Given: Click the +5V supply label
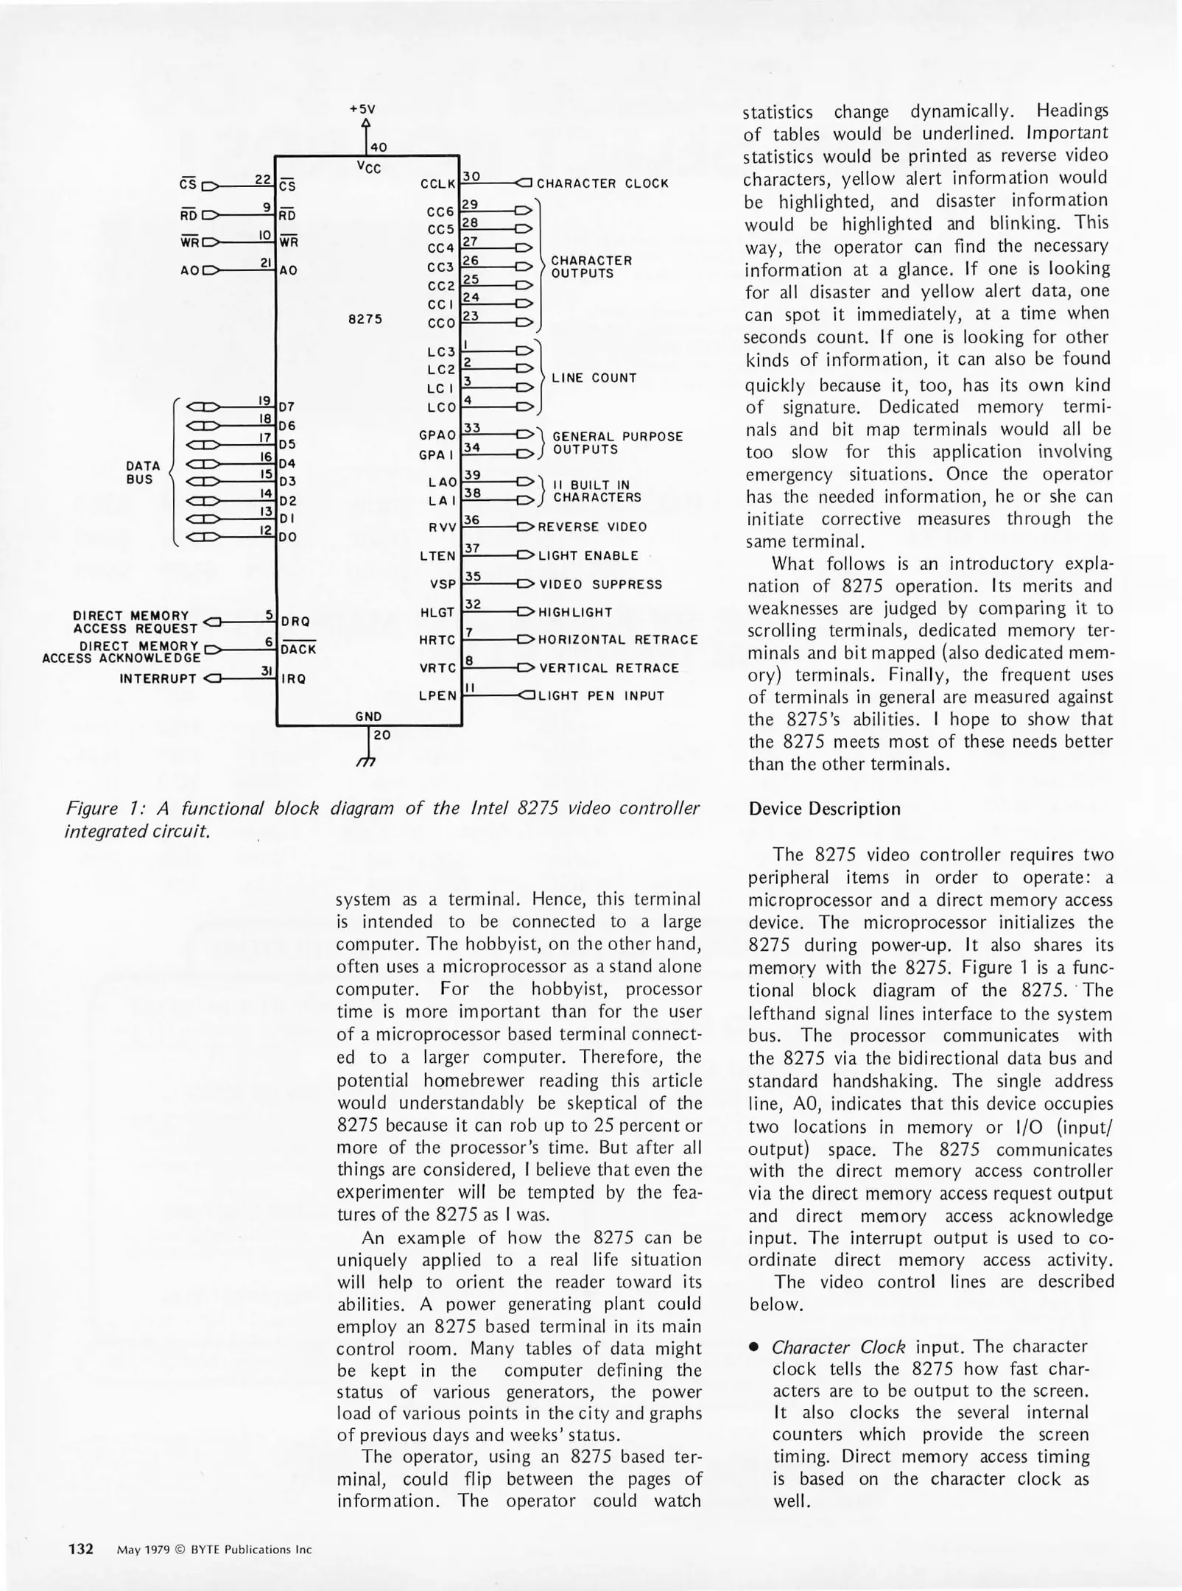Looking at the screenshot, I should (x=362, y=108).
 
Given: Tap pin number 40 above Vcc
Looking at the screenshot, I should (x=379, y=147).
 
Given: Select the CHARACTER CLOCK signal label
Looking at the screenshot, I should (x=602, y=183).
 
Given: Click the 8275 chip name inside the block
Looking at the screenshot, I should (x=365, y=320).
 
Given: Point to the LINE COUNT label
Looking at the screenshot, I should (x=594, y=378).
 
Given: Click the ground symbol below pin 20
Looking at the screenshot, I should (x=366, y=764).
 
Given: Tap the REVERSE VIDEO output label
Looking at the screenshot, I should (x=592, y=527).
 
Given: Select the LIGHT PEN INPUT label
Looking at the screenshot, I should (x=601, y=695).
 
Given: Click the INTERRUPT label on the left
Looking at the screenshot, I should (x=158, y=678).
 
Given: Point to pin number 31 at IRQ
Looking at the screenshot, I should (x=267, y=670).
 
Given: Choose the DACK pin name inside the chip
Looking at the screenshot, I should (x=298, y=650).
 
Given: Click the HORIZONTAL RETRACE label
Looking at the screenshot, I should (x=618, y=639).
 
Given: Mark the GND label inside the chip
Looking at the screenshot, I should (x=368, y=716).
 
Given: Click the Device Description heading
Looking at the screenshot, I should (x=824, y=809).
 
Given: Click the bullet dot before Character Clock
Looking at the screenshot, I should (x=753, y=1348).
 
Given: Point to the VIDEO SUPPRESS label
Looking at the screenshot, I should (x=601, y=584).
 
